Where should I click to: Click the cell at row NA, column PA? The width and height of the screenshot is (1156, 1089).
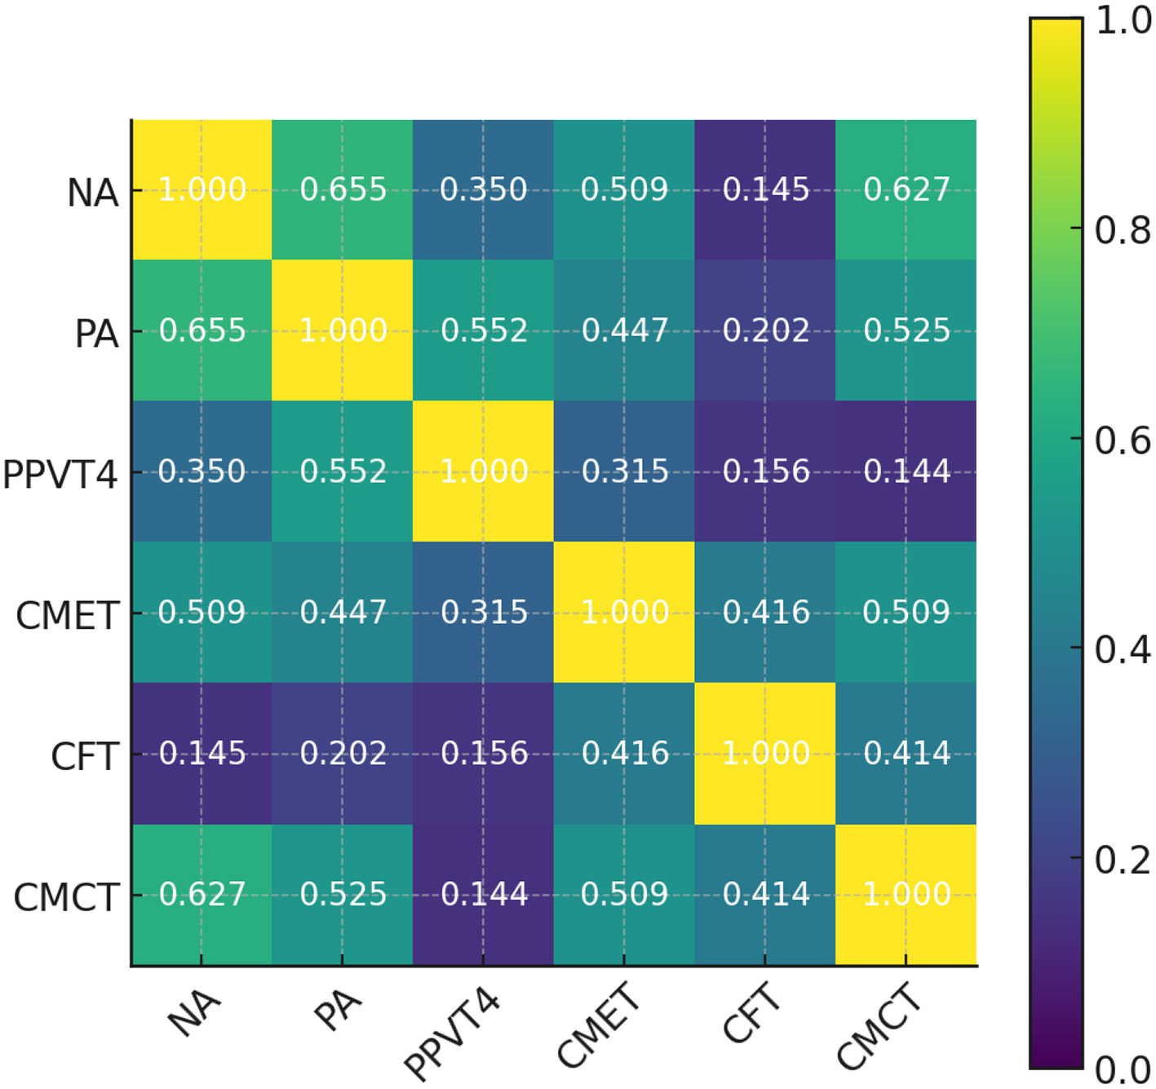pos(343,190)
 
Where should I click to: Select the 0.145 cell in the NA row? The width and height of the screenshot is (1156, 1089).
pos(765,190)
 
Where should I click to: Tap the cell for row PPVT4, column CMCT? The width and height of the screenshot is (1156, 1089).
pos(906,471)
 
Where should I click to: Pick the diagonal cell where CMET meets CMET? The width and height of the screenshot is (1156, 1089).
pos(624,613)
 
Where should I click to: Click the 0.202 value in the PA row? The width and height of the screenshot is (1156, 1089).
pos(765,331)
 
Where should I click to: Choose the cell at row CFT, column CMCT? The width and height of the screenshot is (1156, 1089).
pos(906,754)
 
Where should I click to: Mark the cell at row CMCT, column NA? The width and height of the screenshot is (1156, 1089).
pos(202,895)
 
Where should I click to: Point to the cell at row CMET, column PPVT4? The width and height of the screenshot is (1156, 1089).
pos(484,613)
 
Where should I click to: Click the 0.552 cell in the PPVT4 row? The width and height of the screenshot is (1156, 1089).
pos(343,471)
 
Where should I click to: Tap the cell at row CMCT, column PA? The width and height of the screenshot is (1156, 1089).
pos(343,895)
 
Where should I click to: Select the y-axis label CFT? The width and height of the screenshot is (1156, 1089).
pos(85,757)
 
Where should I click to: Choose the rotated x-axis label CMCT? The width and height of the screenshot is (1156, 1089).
pos(879,1026)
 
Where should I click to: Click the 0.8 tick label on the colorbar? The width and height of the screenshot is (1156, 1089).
pos(1123,231)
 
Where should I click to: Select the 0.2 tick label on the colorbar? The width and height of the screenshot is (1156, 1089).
pos(1123,860)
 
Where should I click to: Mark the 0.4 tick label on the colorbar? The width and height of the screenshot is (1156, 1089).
pos(1123,650)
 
